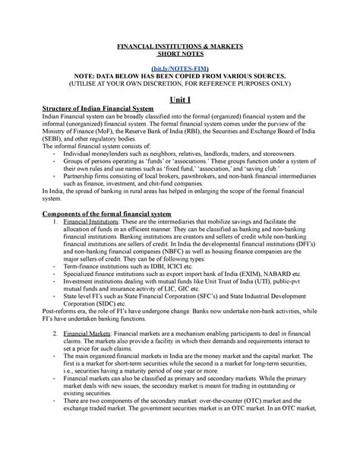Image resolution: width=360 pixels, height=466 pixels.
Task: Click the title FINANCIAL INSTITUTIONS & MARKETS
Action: click(x=180, y=46)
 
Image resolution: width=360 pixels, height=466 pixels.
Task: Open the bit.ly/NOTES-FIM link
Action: click(x=180, y=68)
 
